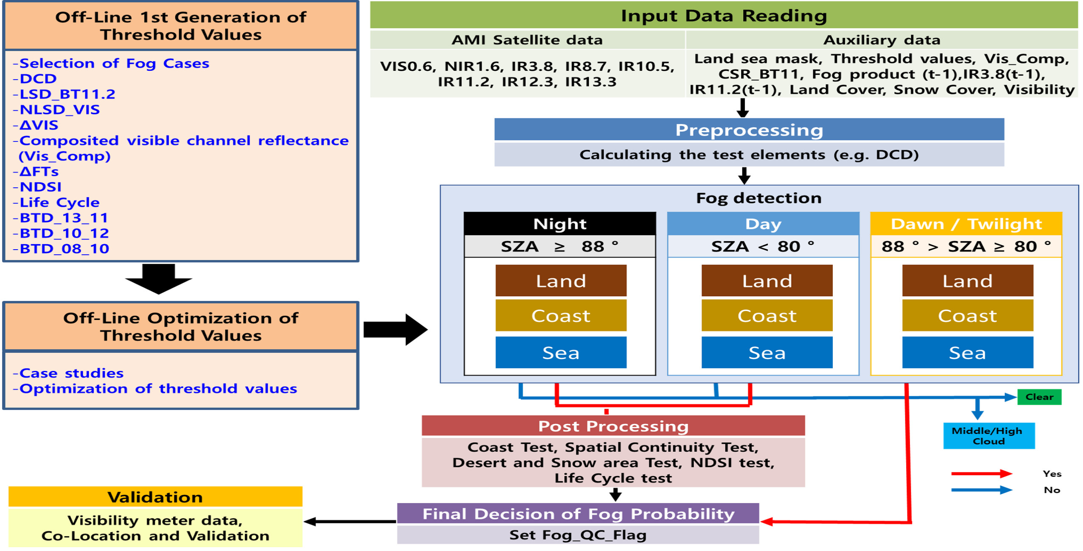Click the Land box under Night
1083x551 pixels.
560,281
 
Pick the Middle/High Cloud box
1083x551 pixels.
988,436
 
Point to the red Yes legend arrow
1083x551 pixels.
980,473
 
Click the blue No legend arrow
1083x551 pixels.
980,490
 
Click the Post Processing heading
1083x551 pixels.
613,426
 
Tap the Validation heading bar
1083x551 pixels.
155,497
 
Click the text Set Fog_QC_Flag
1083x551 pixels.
577,535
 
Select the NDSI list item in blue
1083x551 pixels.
41,187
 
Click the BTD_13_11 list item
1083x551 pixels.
64,218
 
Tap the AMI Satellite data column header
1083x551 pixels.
526,40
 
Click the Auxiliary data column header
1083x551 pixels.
881,40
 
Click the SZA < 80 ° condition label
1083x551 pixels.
762,246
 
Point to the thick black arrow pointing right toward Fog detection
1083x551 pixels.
395,330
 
